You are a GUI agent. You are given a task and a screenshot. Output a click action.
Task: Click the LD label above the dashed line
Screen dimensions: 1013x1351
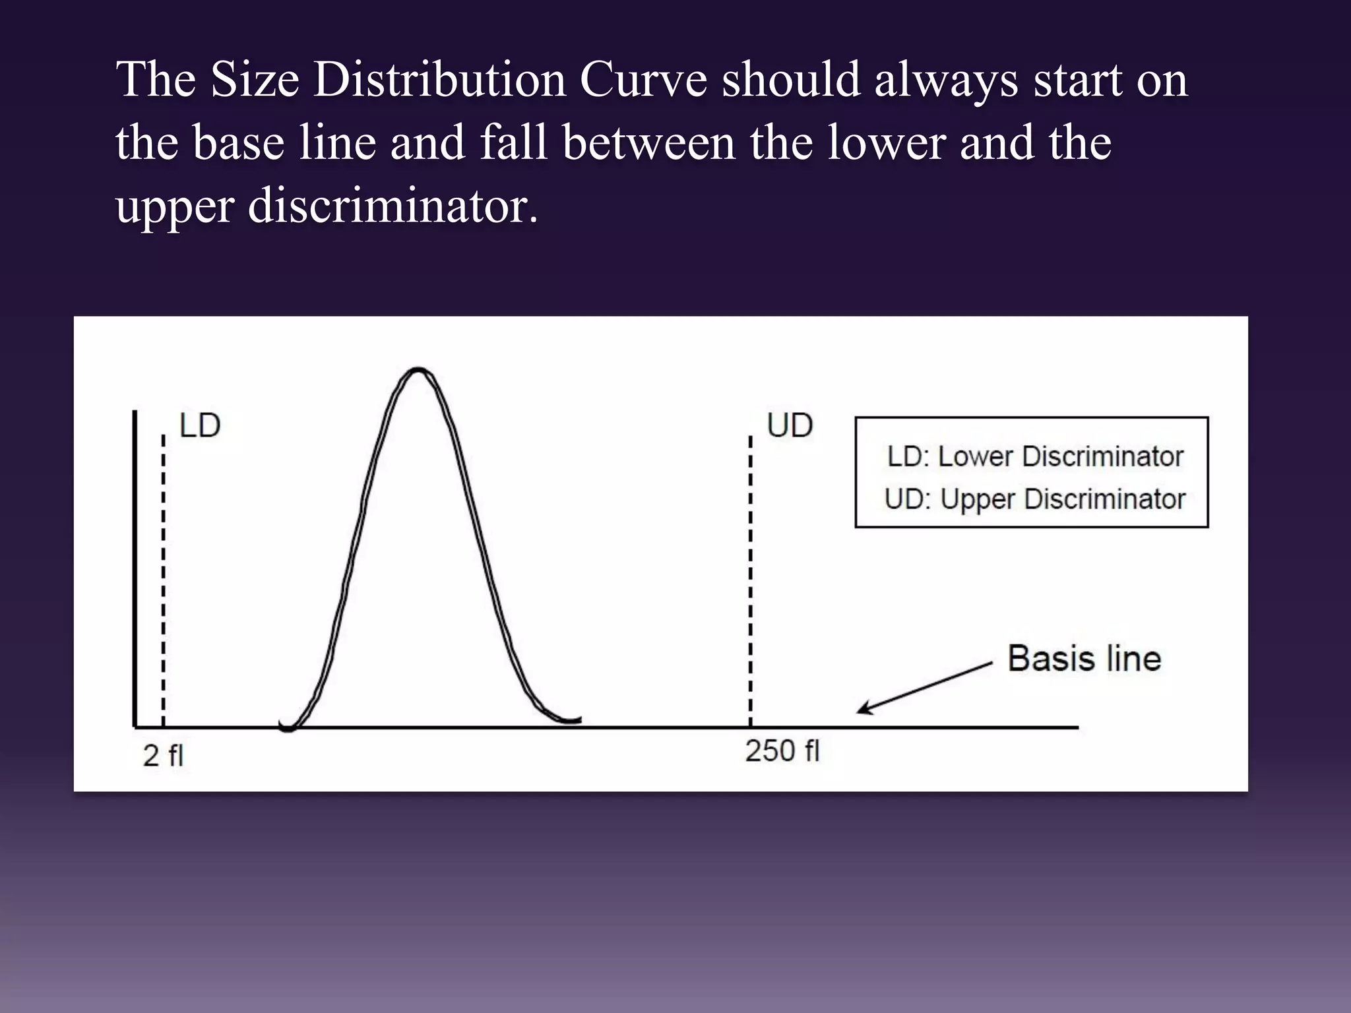200,426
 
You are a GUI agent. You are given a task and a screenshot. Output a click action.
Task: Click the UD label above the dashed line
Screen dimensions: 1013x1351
790,426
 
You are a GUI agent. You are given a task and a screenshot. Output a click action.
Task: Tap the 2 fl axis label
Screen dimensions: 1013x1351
163,756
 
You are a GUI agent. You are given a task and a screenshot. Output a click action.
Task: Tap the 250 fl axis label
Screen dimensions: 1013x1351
782,751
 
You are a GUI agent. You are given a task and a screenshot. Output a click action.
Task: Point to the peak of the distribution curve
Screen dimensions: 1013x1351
418,369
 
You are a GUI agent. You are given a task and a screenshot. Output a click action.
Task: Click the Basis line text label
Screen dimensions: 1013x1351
1084,659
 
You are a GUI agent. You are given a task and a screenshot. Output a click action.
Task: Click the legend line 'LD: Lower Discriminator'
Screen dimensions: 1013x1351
1035,456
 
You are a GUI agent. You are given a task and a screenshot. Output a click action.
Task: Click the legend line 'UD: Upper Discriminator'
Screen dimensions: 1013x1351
1035,499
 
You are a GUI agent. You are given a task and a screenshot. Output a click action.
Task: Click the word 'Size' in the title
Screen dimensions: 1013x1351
255,80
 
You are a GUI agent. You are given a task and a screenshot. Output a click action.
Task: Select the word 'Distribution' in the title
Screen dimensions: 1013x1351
439,80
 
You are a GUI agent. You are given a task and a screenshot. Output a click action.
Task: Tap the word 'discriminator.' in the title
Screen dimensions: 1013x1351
393,206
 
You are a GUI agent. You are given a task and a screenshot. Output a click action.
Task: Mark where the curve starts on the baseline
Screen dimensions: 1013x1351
288,727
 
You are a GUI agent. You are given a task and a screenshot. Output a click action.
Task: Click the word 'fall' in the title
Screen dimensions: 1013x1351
514,142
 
